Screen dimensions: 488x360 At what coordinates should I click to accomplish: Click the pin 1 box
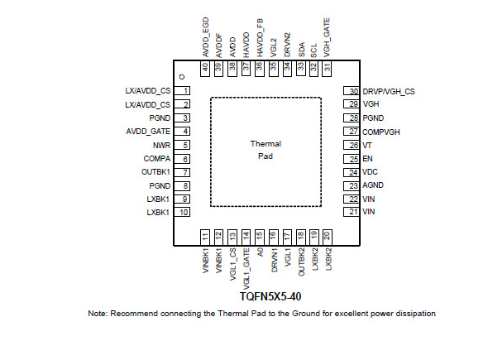pyautogui.click(x=182, y=91)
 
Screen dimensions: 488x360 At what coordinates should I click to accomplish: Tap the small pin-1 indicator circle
pyautogui.click(x=182, y=77)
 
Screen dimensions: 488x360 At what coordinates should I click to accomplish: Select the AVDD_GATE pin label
pyautogui.click(x=148, y=132)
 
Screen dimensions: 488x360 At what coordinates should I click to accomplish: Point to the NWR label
pyautogui.click(x=161, y=145)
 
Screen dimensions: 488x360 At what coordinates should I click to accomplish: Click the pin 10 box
pyautogui.click(x=182, y=212)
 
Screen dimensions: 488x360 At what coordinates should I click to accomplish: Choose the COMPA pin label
pyautogui.click(x=157, y=159)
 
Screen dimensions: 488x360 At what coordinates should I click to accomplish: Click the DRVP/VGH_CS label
pyautogui.click(x=389, y=92)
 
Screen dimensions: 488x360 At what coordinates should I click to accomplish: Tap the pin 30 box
pyautogui.click(x=352, y=91)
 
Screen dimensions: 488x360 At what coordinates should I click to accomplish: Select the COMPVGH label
pyautogui.click(x=381, y=132)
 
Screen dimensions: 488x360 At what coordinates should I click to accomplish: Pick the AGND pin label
pyautogui.click(x=373, y=185)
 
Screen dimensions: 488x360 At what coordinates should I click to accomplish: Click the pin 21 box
pyautogui.click(x=352, y=212)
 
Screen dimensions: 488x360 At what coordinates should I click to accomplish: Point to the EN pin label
pyautogui.click(x=367, y=159)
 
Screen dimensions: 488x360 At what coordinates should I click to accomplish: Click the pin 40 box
pyautogui.click(x=205, y=68)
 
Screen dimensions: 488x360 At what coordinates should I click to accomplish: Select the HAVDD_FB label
pyautogui.click(x=260, y=38)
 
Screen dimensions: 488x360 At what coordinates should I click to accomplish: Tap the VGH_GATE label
pyautogui.click(x=327, y=38)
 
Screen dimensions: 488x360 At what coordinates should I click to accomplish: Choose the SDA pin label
pyautogui.click(x=301, y=50)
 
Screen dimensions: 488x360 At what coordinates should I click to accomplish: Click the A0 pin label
pyautogui.click(x=260, y=252)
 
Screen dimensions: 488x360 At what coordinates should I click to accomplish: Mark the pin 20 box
pyautogui.click(x=327, y=238)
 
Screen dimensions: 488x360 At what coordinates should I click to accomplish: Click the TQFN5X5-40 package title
pyautogui.click(x=270, y=296)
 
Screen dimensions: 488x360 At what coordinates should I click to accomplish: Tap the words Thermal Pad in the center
pyautogui.click(x=266, y=150)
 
